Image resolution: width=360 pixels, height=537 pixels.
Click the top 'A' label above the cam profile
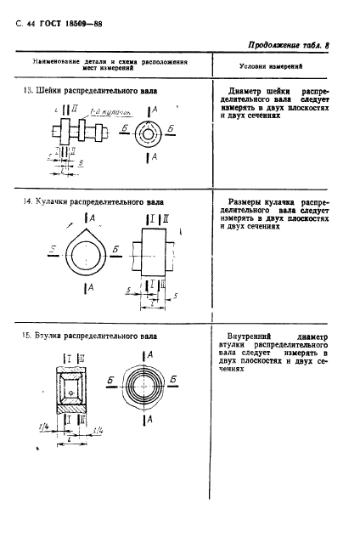tap(92, 219)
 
